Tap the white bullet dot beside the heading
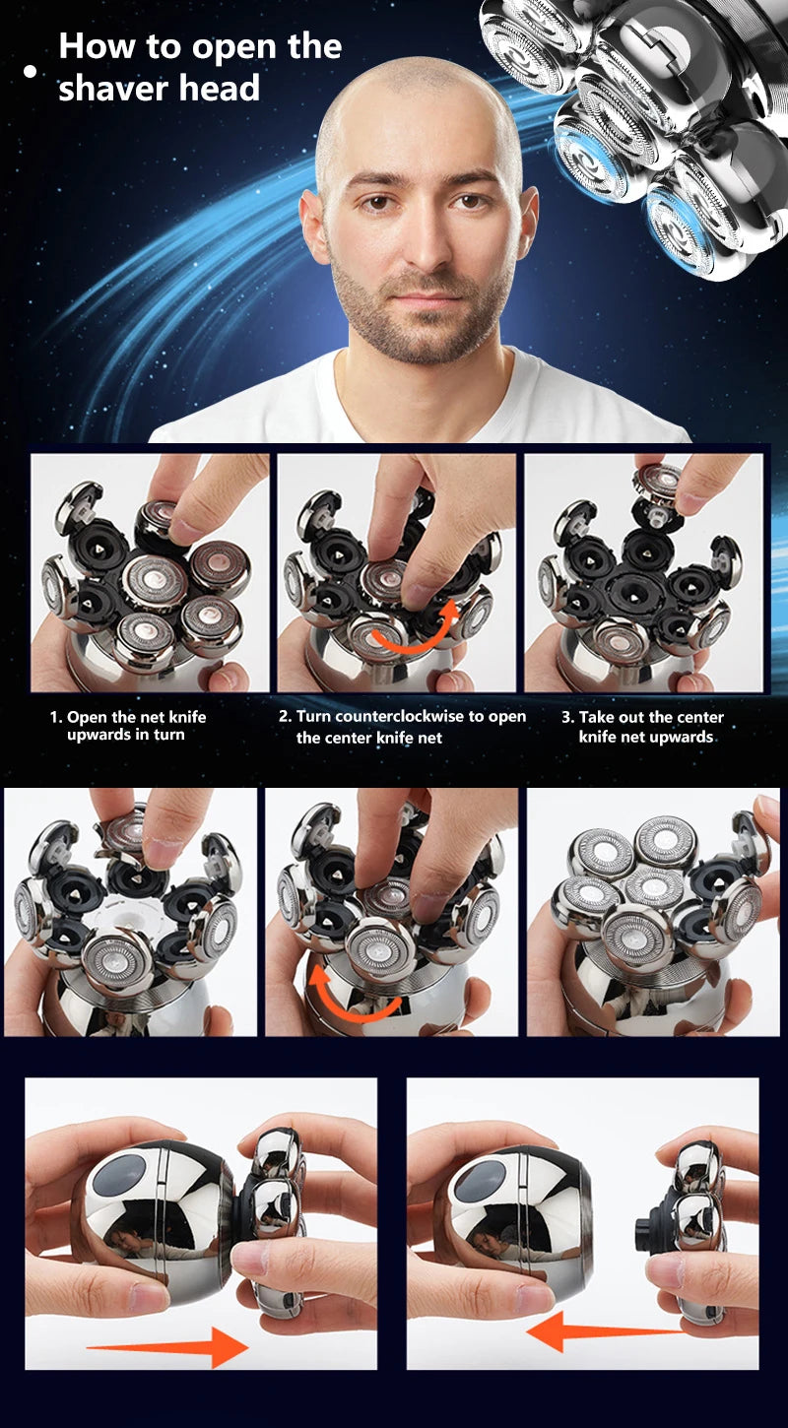pyautogui.click(x=30, y=71)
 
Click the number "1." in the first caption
pyautogui.click(x=56, y=717)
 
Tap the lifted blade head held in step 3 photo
pyautogui.click(x=658, y=485)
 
